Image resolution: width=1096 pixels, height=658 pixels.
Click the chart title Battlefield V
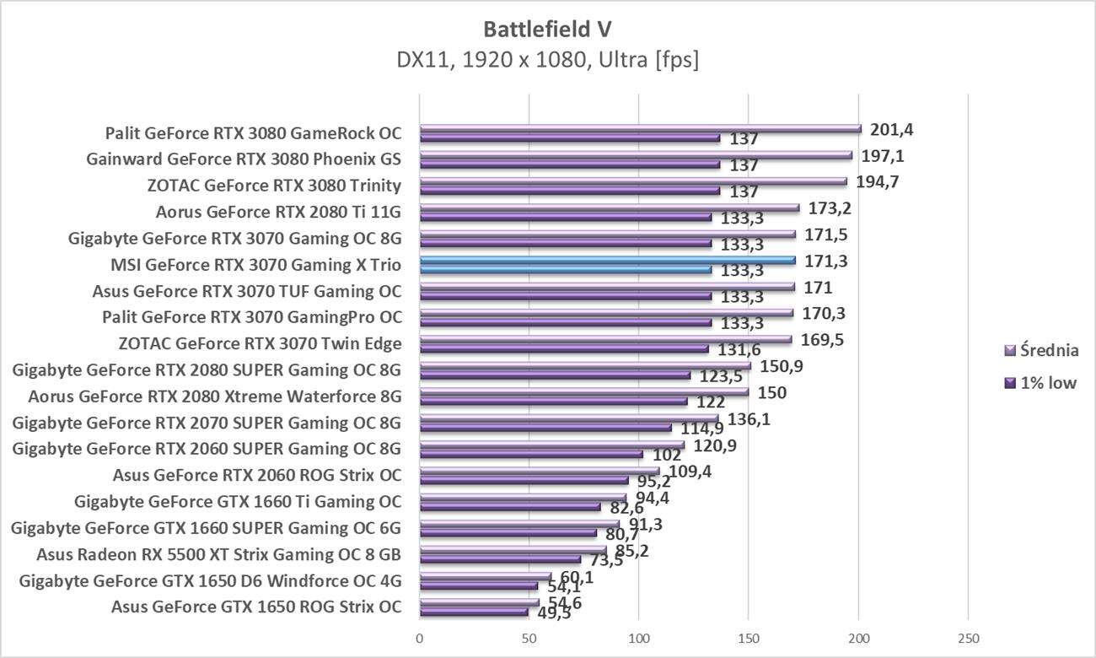click(x=547, y=29)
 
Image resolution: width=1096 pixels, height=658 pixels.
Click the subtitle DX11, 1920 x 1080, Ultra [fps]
click(x=547, y=61)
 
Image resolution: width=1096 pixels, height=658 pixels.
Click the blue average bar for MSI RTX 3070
click(x=607, y=260)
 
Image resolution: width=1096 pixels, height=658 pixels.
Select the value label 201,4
click(x=893, y=129)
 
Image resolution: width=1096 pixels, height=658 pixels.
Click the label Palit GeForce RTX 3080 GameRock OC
click(x=253, y=133)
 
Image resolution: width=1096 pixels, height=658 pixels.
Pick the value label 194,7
click(x=878, y=181)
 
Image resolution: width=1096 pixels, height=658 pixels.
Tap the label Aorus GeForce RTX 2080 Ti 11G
click(x=278, y=212)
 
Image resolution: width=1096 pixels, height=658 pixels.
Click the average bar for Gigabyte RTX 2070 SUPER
click(x=569, y=418)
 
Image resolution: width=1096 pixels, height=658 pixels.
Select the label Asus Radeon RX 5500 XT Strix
click(x=218, y=554)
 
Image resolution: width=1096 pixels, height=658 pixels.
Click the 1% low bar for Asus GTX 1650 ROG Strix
click(x=474, y=612)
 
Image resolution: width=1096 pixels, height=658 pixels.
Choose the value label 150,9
click(x=782, y=366)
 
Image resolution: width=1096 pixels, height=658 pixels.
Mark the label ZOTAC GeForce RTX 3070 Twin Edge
click(x=260, y=343)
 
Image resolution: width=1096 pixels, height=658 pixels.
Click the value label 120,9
click(x=715, y=445)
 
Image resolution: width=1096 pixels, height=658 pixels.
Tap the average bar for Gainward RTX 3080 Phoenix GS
click(x=636, y=155)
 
